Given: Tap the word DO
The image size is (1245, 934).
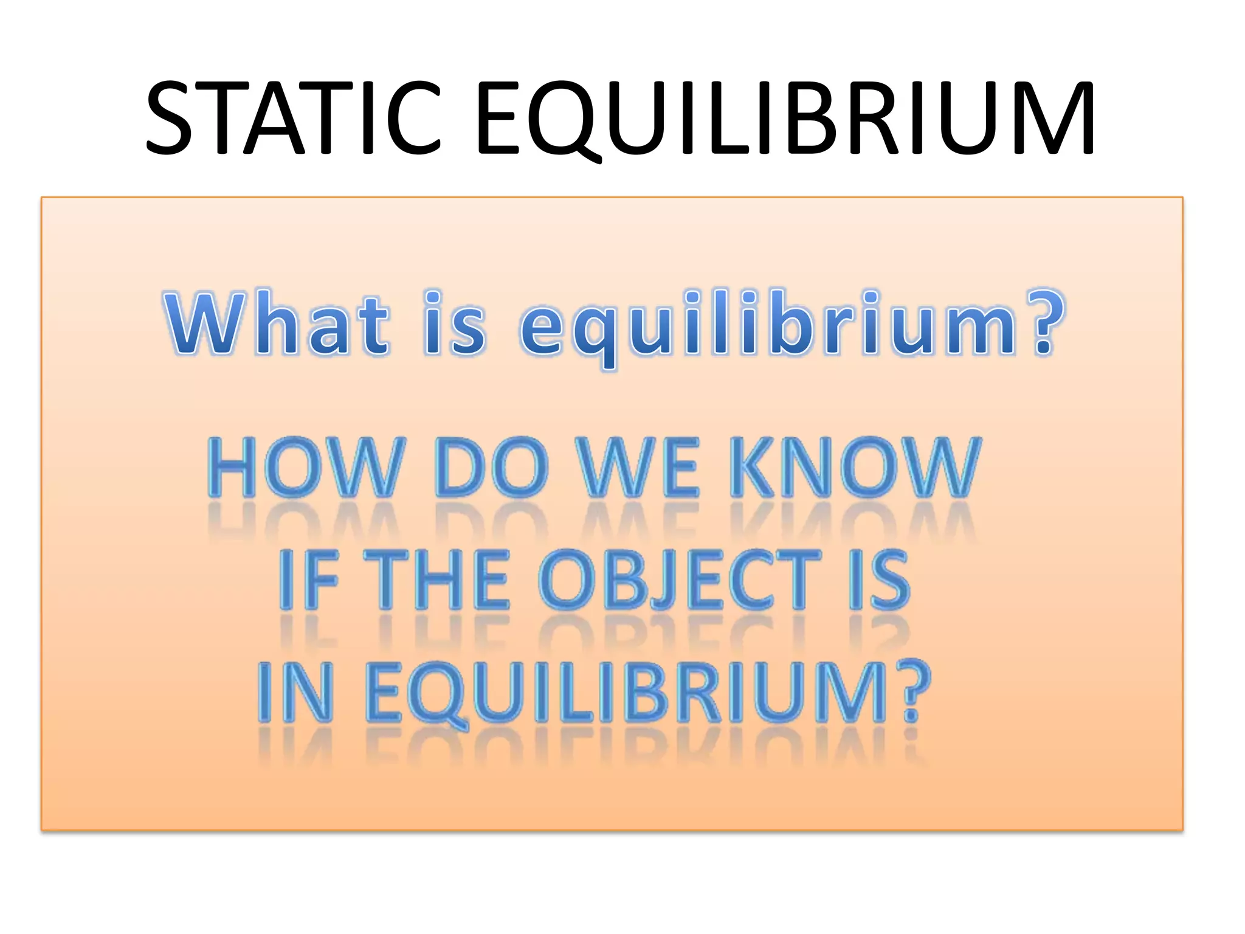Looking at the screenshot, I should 491,467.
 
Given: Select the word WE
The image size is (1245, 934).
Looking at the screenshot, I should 638,467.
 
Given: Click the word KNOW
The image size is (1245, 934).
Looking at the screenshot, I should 854,467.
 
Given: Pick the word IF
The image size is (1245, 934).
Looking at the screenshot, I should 308,579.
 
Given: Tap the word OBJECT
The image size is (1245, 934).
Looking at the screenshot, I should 679,579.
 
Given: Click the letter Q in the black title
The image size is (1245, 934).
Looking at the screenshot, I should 560,122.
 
